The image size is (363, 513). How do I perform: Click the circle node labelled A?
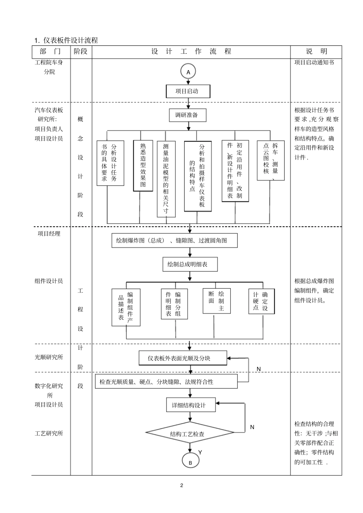pyautogui.click(x=188, y=72)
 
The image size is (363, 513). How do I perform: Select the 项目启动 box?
pyautogui.click(x=188, y=91)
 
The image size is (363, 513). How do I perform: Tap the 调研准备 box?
pyautogui.click(x=188, y=115)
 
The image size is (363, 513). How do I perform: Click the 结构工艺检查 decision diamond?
pyautogui.click(x=190, y=433)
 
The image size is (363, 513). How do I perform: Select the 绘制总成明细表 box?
pyautogui.click(x=190, y=264)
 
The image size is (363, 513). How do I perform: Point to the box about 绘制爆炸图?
pyautogui.click(x=174, y=240)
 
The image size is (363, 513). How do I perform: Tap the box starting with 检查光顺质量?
pyautogui.click(x=166, y=381)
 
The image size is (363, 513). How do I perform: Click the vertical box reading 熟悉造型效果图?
pyautogui.click(x=143, y=166)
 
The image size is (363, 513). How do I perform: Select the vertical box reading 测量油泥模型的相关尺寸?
pyautogui.click(x=166, y=179)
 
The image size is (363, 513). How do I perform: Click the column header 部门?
pyautogui.click(x=50, y=51)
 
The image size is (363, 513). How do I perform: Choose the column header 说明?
pyautogui.click(x=316, y=51)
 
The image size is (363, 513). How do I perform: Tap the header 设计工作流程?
pyautogui.click(x=191, y=51)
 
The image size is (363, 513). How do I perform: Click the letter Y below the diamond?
pyautogui.click(x=200, y=452)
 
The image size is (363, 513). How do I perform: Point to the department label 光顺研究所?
pyautogui.click(x=49, y=357)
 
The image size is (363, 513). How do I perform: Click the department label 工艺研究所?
pyautogui.click(x=49, y=433)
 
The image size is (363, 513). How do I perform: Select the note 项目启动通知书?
pyautogui.click(x=314, y=62)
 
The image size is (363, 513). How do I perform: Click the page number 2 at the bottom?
pyautogui.click(x=181, y=485)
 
